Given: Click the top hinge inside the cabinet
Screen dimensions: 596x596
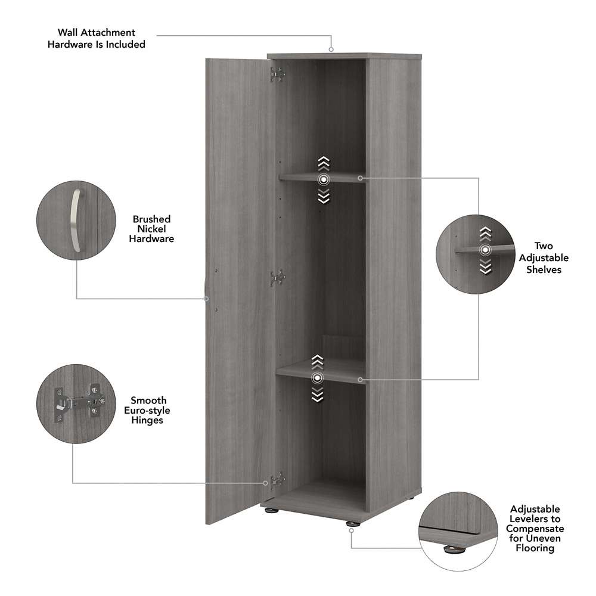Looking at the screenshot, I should (x=277, y=74).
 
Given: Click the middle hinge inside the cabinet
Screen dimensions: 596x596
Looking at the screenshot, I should (x=277, y=277).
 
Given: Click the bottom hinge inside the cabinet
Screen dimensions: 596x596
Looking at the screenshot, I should (x=277, y=480).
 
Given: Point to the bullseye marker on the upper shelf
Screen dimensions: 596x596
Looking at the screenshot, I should (x=324, y=179).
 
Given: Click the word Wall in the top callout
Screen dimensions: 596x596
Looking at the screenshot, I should (x=70, y=33).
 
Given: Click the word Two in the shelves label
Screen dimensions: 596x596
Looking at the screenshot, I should (x=543, y=246).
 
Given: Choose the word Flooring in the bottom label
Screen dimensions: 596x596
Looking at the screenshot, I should (x=535, y=548).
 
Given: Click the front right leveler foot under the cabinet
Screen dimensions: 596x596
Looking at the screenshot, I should (x=350, y=524).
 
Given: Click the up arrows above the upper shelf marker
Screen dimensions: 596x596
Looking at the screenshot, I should (x=324, y=162).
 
